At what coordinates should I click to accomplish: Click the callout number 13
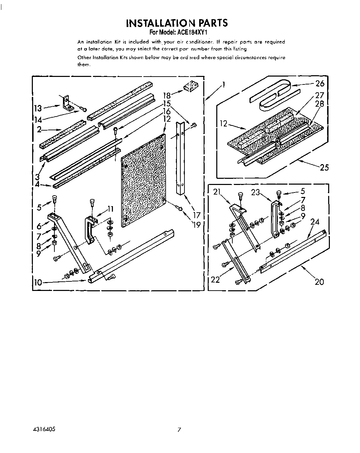point(38,108)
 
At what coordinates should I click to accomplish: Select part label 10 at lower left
point(38,282)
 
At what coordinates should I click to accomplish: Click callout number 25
point(324,167)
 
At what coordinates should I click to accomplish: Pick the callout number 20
point(319,282)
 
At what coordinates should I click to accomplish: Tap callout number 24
point(315,222)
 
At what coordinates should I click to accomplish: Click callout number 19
point(196,225)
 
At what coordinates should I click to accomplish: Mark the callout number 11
point(110,209)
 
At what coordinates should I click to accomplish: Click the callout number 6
point(39,226)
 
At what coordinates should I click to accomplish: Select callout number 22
point(215,280)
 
